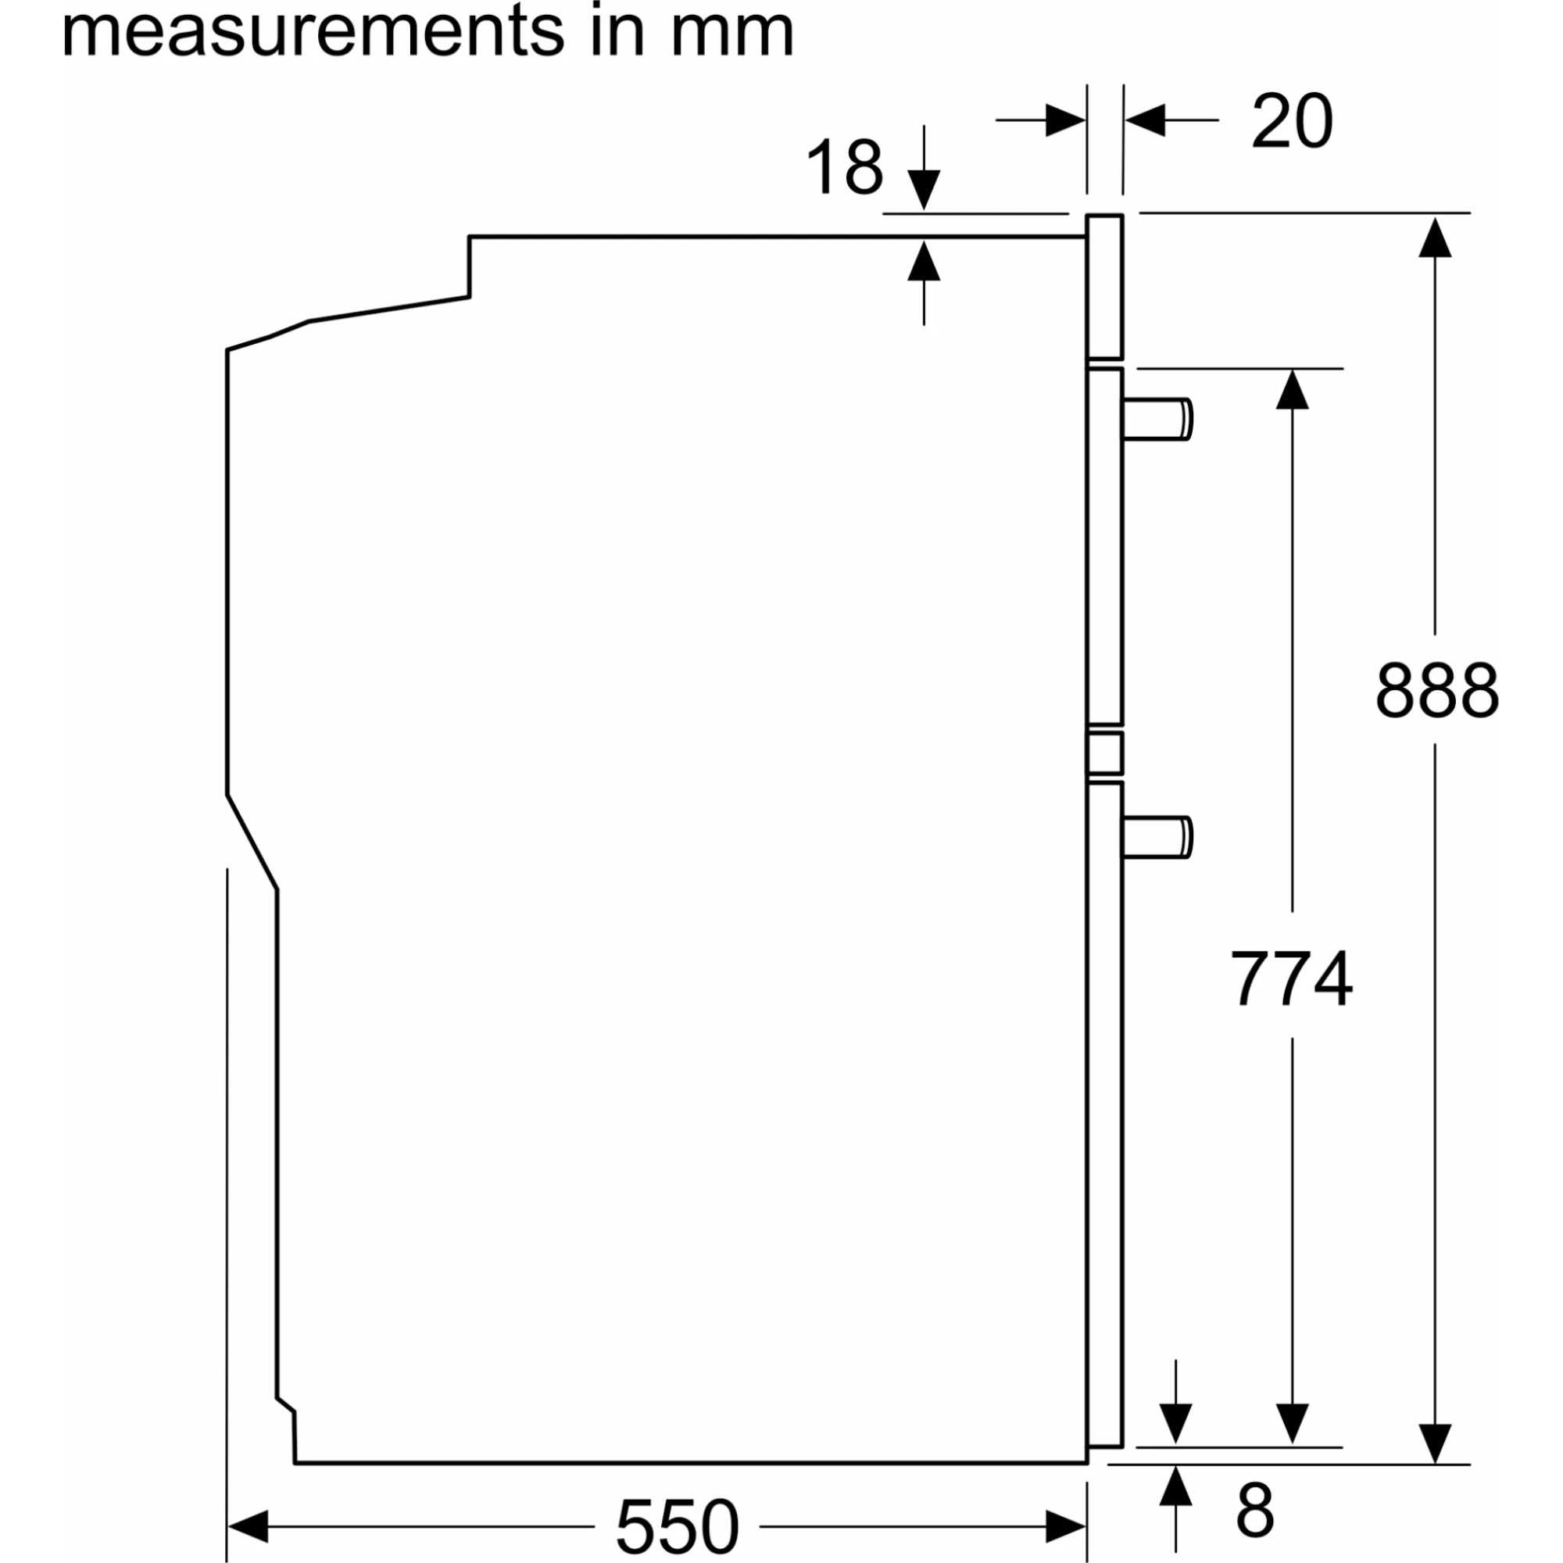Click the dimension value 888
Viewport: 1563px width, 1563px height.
pyautogui.click(x=1437, y=690)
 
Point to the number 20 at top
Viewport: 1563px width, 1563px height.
pyautogui.click(x=1291, y=120)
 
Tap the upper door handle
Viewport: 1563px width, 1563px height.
pyautogui.click(x=1157, y=419)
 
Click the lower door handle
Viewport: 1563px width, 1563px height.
pyautogui.click(x=1157, y=838)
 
